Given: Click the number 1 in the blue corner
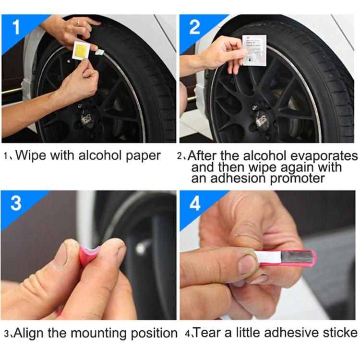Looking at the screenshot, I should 16,27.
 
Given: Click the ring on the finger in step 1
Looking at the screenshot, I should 79,22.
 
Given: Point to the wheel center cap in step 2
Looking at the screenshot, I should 262,118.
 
